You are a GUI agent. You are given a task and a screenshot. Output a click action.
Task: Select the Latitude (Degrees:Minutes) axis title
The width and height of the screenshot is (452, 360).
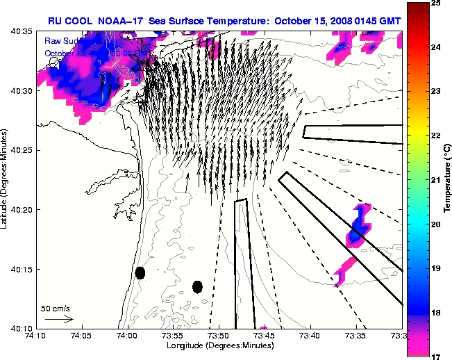pyautogui.click(x=6, y=179)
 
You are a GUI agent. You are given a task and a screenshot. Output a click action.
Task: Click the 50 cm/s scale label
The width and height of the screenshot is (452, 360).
pyautogui.click(x=56, y=308)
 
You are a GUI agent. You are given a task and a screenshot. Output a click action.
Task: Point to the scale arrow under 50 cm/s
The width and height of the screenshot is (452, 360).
pyautogui.click(x=58, y=319)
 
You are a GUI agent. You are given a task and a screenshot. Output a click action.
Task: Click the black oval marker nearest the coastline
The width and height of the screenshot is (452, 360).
pyautogui.click(x=140, y=272)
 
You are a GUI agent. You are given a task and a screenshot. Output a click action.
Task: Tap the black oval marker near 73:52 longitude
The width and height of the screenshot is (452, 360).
pyautogui.click(x=197, y=286)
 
